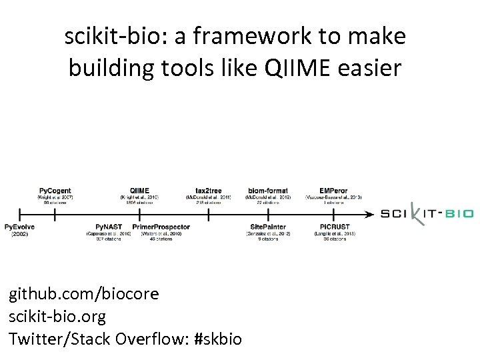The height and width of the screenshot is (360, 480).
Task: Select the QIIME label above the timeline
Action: tap(139, 191)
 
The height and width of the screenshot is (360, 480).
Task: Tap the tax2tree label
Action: tap(209, 191)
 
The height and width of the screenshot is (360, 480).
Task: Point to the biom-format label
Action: tap(268, 191)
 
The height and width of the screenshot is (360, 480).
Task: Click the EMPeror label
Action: tap(333, 191)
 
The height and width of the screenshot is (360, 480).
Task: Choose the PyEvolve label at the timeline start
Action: tap(20, 227)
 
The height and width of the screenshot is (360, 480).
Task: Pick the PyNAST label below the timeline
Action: tap(108, 227)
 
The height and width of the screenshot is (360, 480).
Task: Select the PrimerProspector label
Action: tap(161, 227)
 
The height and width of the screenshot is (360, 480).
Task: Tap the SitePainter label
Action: tap(268, 227)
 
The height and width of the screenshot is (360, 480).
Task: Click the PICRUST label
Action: tap(334, 227)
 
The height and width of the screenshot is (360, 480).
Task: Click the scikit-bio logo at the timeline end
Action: tap(427, 214)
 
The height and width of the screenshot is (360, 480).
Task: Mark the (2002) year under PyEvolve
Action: tap(20, 234)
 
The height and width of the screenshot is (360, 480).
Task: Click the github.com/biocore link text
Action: tap(84, 293)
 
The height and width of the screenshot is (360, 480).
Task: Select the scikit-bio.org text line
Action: tap(57, 316)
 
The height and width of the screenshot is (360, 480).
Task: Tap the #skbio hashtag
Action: tap(217, 339)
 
